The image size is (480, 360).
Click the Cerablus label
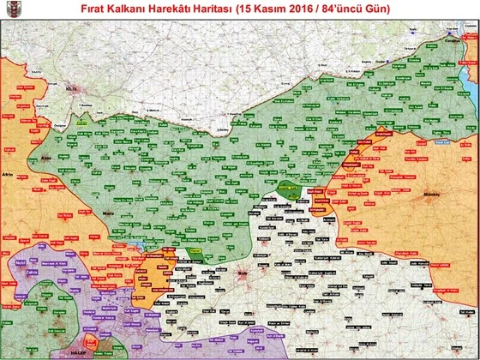[451, 39]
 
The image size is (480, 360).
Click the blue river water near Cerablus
[468, 77]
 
